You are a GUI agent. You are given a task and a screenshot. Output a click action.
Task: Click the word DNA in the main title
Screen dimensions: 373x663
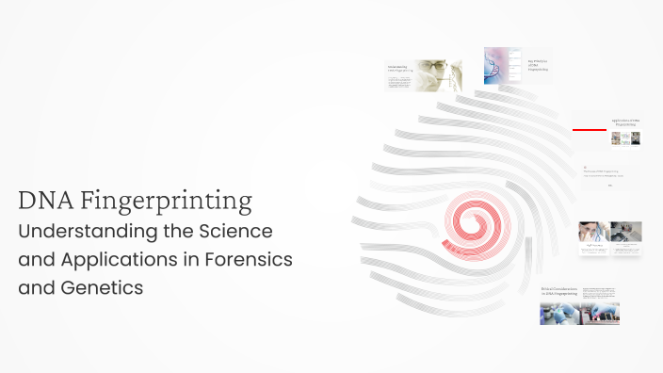click(45, 201)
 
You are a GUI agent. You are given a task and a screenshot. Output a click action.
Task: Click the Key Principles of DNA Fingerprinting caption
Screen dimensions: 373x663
click(538, 66)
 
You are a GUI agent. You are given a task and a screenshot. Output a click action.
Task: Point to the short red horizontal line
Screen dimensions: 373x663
click(589, 129)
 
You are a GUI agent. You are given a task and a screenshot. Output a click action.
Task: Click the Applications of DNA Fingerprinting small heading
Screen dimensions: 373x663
click(625, 122)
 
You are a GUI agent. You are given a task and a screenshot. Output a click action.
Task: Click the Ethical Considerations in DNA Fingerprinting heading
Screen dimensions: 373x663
click(558, 292)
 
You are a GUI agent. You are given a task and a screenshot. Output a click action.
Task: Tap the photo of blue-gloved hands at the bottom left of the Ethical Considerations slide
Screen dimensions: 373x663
click(558, 314)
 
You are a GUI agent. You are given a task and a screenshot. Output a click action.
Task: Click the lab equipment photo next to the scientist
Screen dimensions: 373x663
click(626, 232)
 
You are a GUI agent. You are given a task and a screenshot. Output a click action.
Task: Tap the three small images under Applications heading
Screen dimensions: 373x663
click(625, 138)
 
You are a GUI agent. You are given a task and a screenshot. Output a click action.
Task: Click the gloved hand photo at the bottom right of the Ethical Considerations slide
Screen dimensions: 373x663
click(600, 314)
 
